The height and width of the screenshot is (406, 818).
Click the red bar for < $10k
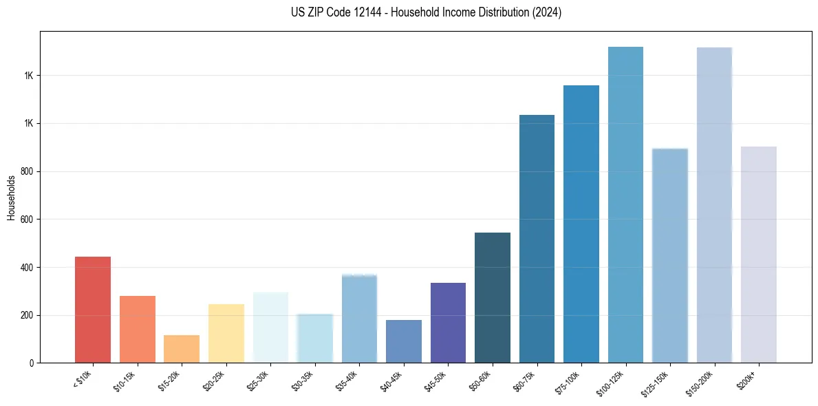[93, 310]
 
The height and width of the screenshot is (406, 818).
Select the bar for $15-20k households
[182, 349]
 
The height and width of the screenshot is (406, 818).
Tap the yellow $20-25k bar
[226, 334]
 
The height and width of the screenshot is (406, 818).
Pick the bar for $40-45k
[404, 341]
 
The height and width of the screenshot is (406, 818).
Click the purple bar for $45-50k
[448, 323]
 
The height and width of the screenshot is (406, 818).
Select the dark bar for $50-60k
[493, 298]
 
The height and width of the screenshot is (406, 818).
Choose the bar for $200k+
[759, 255]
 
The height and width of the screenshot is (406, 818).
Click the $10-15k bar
[138, 330]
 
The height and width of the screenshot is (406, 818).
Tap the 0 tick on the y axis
[30, 363]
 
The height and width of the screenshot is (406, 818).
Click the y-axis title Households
[11, 197]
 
